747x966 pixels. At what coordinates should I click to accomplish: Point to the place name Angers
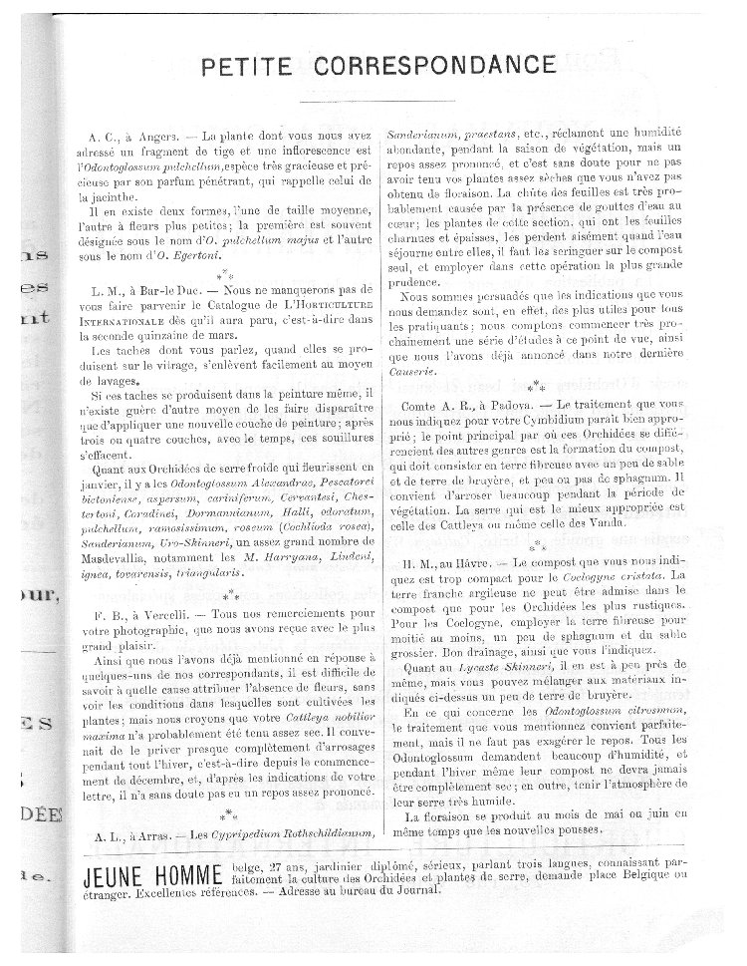click(160, 134)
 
